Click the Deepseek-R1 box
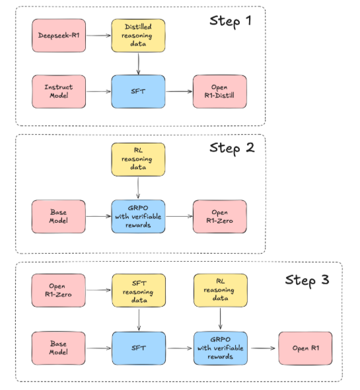(59, 36)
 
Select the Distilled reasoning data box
(138, 36)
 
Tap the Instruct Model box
(59, 91)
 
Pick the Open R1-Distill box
(220, 91)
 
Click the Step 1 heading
(231, 21)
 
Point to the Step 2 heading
(232, 148)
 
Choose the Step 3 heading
(307, 280)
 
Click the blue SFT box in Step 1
(138, 91)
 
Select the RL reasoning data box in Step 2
(138, 159)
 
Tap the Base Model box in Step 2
(59, 216)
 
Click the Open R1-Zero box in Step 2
(220, 216)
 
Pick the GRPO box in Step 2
(138, 216)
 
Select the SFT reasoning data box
(139, 290)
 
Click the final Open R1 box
(305, 348)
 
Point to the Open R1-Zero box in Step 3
(59, 290)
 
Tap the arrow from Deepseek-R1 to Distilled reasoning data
(98, 36)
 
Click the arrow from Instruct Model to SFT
(98, 91)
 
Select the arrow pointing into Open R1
(263, 348)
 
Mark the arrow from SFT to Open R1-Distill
(179, 91)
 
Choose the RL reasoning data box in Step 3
(221, 290)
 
